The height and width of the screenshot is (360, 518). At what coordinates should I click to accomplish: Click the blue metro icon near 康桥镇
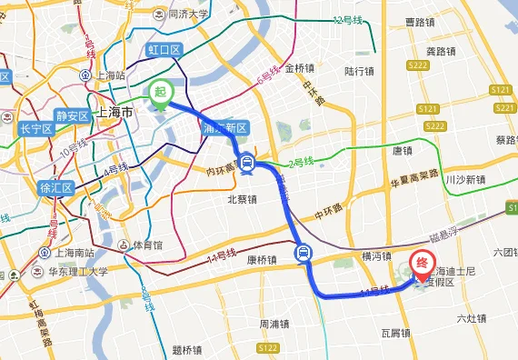[304, 253]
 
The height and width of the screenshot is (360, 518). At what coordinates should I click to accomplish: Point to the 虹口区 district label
[164, 49]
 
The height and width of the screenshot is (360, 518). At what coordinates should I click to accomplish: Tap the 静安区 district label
[72, 115]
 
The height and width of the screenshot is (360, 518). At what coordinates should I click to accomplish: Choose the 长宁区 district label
[35, 129]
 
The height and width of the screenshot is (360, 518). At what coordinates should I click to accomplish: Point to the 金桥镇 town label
[299, 67]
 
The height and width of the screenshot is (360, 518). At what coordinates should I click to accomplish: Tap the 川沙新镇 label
[466, 180]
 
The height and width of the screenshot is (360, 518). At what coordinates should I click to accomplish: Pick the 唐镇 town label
[402, 151]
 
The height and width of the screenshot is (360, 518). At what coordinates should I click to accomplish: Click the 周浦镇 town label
[273, 324]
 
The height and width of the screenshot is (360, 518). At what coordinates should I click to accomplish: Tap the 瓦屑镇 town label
[397, 334]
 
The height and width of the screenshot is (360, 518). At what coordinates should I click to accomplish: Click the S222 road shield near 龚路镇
[418, 65]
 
